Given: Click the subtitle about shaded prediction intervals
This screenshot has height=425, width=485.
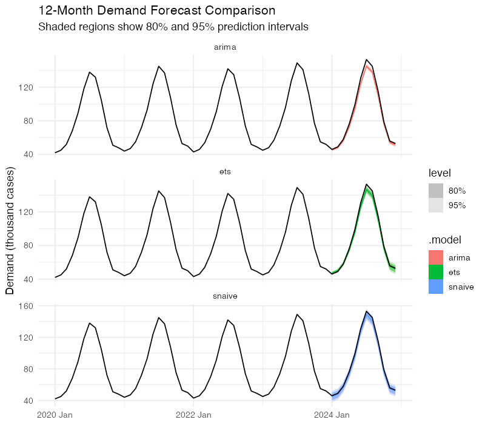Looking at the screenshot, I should (173, 27).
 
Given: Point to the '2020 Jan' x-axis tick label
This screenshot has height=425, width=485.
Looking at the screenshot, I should (55, 415).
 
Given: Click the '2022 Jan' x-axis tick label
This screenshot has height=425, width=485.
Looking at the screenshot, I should (193, 415).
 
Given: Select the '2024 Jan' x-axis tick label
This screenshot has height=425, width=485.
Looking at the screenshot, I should (332, 415).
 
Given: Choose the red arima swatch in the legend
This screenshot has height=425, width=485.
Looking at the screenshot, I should (436, 257).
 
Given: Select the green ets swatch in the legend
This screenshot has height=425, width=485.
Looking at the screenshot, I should (436, 272).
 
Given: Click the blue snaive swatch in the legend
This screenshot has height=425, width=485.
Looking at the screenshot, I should (436, 287).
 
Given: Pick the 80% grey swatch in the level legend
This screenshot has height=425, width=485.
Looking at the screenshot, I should (436, 191).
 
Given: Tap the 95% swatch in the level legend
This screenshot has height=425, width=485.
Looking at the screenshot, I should (436, 205).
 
